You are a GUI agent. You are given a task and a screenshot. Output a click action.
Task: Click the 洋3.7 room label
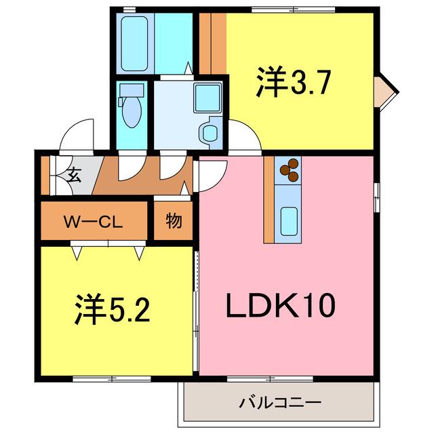tap(294, 81)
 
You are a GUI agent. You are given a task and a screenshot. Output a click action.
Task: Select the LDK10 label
tap(281, 305)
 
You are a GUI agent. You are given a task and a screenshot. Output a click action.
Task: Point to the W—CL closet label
tap(94, 222)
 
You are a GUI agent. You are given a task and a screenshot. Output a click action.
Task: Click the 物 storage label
tap(174, 221)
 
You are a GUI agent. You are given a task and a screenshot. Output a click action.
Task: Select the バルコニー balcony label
tap(280, 402)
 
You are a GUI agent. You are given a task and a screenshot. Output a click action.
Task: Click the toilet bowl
tap(132, 113)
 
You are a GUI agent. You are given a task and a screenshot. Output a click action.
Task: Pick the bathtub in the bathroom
tap(134, 43)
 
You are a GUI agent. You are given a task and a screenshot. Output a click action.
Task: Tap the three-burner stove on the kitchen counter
tap(290, 170)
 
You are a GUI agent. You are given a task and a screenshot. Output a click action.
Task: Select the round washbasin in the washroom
tap(210, 134)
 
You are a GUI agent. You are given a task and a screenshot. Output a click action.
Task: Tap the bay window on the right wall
tap(385, 92)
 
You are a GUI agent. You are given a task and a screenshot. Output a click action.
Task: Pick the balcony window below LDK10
tap(270, 379)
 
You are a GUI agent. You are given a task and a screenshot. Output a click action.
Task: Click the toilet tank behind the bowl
tap(132, 90)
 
